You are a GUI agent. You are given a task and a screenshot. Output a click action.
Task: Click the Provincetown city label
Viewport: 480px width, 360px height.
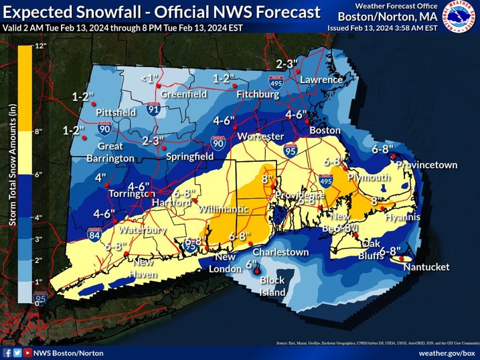tap(426, 165)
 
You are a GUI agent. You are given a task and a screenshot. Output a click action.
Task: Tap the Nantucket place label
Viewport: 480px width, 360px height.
tap(426, 267)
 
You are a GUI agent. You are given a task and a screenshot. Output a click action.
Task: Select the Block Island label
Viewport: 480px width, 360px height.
tap(272, 286)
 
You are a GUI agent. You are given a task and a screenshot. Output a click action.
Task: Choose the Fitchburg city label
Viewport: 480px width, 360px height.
tap(257, 95)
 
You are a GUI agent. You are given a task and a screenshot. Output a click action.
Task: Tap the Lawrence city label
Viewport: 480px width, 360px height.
tap(321, 80)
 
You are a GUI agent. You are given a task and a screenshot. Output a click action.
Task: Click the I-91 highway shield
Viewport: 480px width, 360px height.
tap(154, 108)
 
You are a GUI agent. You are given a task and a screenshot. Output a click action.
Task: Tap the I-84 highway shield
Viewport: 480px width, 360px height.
tap(94, 234)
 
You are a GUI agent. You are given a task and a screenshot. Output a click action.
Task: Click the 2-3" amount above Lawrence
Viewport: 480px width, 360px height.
tap(287, 64)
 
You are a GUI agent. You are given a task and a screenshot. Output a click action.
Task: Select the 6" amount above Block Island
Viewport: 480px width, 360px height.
tap(252, 264)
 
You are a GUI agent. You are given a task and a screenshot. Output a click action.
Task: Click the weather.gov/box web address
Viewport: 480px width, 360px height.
tap(447, 352)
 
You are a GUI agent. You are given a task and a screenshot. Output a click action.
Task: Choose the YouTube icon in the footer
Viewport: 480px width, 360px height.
tap(28, 352)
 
